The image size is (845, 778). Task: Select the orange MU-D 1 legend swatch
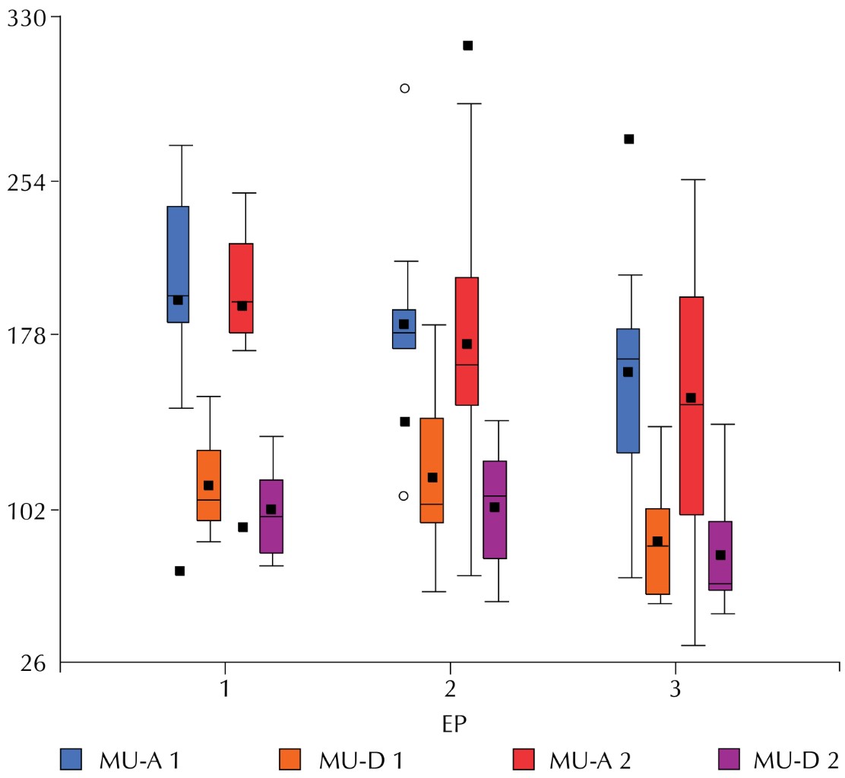291,758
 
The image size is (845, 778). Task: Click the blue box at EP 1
178,264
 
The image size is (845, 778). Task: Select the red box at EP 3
692,406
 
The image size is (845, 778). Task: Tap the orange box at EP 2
432,470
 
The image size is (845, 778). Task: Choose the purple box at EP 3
720,555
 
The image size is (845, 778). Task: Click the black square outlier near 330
468,46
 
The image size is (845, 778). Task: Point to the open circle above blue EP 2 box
405,88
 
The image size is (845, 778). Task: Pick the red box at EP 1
241,287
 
